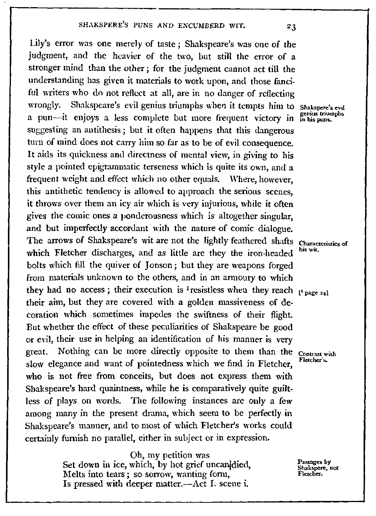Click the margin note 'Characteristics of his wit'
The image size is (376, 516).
(323, 246)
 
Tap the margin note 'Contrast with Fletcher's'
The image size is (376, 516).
(317, 356)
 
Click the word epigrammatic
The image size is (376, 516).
(138, 167)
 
